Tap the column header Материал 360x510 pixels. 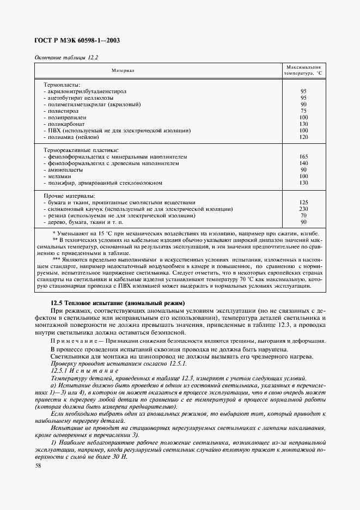pyautogui.click(x=123, y=70)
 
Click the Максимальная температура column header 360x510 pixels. pyautogui.click(x=303, y=70)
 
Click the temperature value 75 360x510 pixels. pyautogui.click(x=303, y=111)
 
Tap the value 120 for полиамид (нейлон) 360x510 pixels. pyautogui.click(x=303, y=137)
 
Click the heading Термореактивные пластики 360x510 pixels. pyautogui.click(x=81, y=150)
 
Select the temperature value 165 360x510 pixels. pyautogui.click(x=303, y=156)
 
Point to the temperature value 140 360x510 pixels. pyautogui.click(x=303, y=163)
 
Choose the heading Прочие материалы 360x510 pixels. pyautogui.click(x=69, y=196)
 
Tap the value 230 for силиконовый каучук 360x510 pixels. pyautogui.click(x=303, y=209)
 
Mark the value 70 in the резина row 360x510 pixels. pyautogui.click(x=303, y=215)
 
